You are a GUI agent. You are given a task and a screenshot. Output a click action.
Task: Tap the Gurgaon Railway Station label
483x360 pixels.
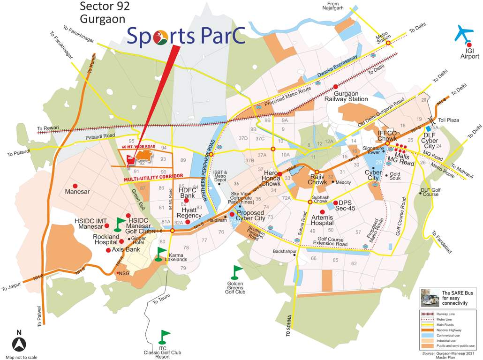tap(347, 96)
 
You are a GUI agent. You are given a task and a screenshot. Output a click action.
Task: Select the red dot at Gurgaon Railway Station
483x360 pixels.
tap(335, 87)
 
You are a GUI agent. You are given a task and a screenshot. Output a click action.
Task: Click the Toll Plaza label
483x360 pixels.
tap(449, 120)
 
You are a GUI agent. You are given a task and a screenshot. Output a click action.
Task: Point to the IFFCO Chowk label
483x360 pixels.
tap(387, 136)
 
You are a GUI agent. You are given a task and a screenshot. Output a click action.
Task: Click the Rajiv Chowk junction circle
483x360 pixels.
tap(317, 172)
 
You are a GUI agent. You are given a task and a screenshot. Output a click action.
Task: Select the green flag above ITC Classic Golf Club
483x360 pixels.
tap(164, 336)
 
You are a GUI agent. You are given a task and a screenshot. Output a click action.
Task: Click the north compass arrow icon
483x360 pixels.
tap(19, 345)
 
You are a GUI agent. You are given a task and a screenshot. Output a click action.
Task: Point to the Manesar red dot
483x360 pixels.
tap(75, 186)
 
